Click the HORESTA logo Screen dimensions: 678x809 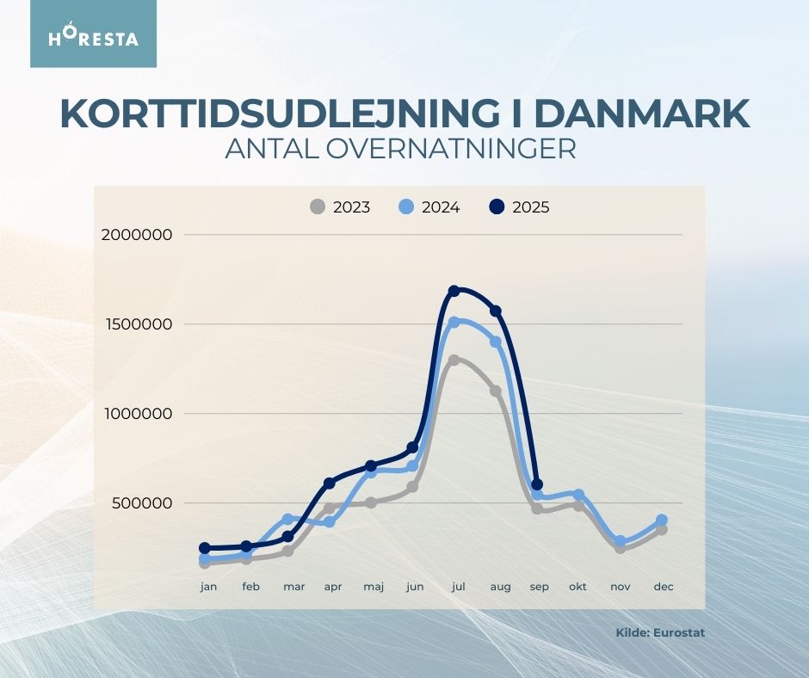[x=93, y=34]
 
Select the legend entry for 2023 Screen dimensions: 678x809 [x=341, y=207]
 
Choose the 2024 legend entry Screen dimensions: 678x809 [x=430, y=207]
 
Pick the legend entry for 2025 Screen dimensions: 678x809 [x=520, y=207]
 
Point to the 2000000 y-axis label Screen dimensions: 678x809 [x=137, y=235]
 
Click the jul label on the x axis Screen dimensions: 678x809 [x=458, y=587]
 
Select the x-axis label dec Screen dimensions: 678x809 [x=663, y=587]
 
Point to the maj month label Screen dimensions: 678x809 [x=374, y=587]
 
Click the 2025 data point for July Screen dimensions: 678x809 [x=454, y=291]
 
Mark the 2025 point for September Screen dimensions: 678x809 [x=537, y=485]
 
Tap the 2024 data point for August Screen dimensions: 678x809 [x=496, y=342]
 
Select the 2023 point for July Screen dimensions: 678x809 [x=454, y=361]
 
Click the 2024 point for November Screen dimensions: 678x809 [x=620, y=542]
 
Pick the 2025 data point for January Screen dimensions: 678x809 [x=205, y=548]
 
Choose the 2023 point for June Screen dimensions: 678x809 [x=412, y=487]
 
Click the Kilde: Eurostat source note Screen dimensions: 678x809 [x=660, y=632]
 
